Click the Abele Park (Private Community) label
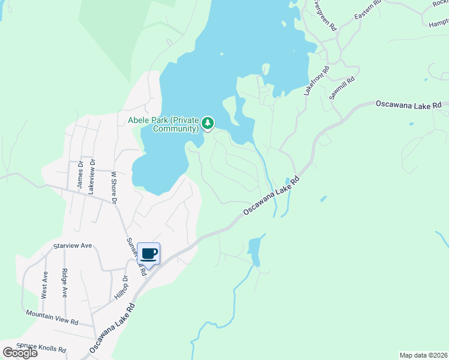163,124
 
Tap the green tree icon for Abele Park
208,124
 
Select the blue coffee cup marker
149,254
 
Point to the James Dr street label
79,175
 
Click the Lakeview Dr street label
92,175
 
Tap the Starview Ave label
72,246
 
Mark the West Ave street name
44,284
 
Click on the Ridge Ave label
64,283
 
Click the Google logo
20,352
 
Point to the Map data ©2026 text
424,355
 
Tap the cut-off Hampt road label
439,22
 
